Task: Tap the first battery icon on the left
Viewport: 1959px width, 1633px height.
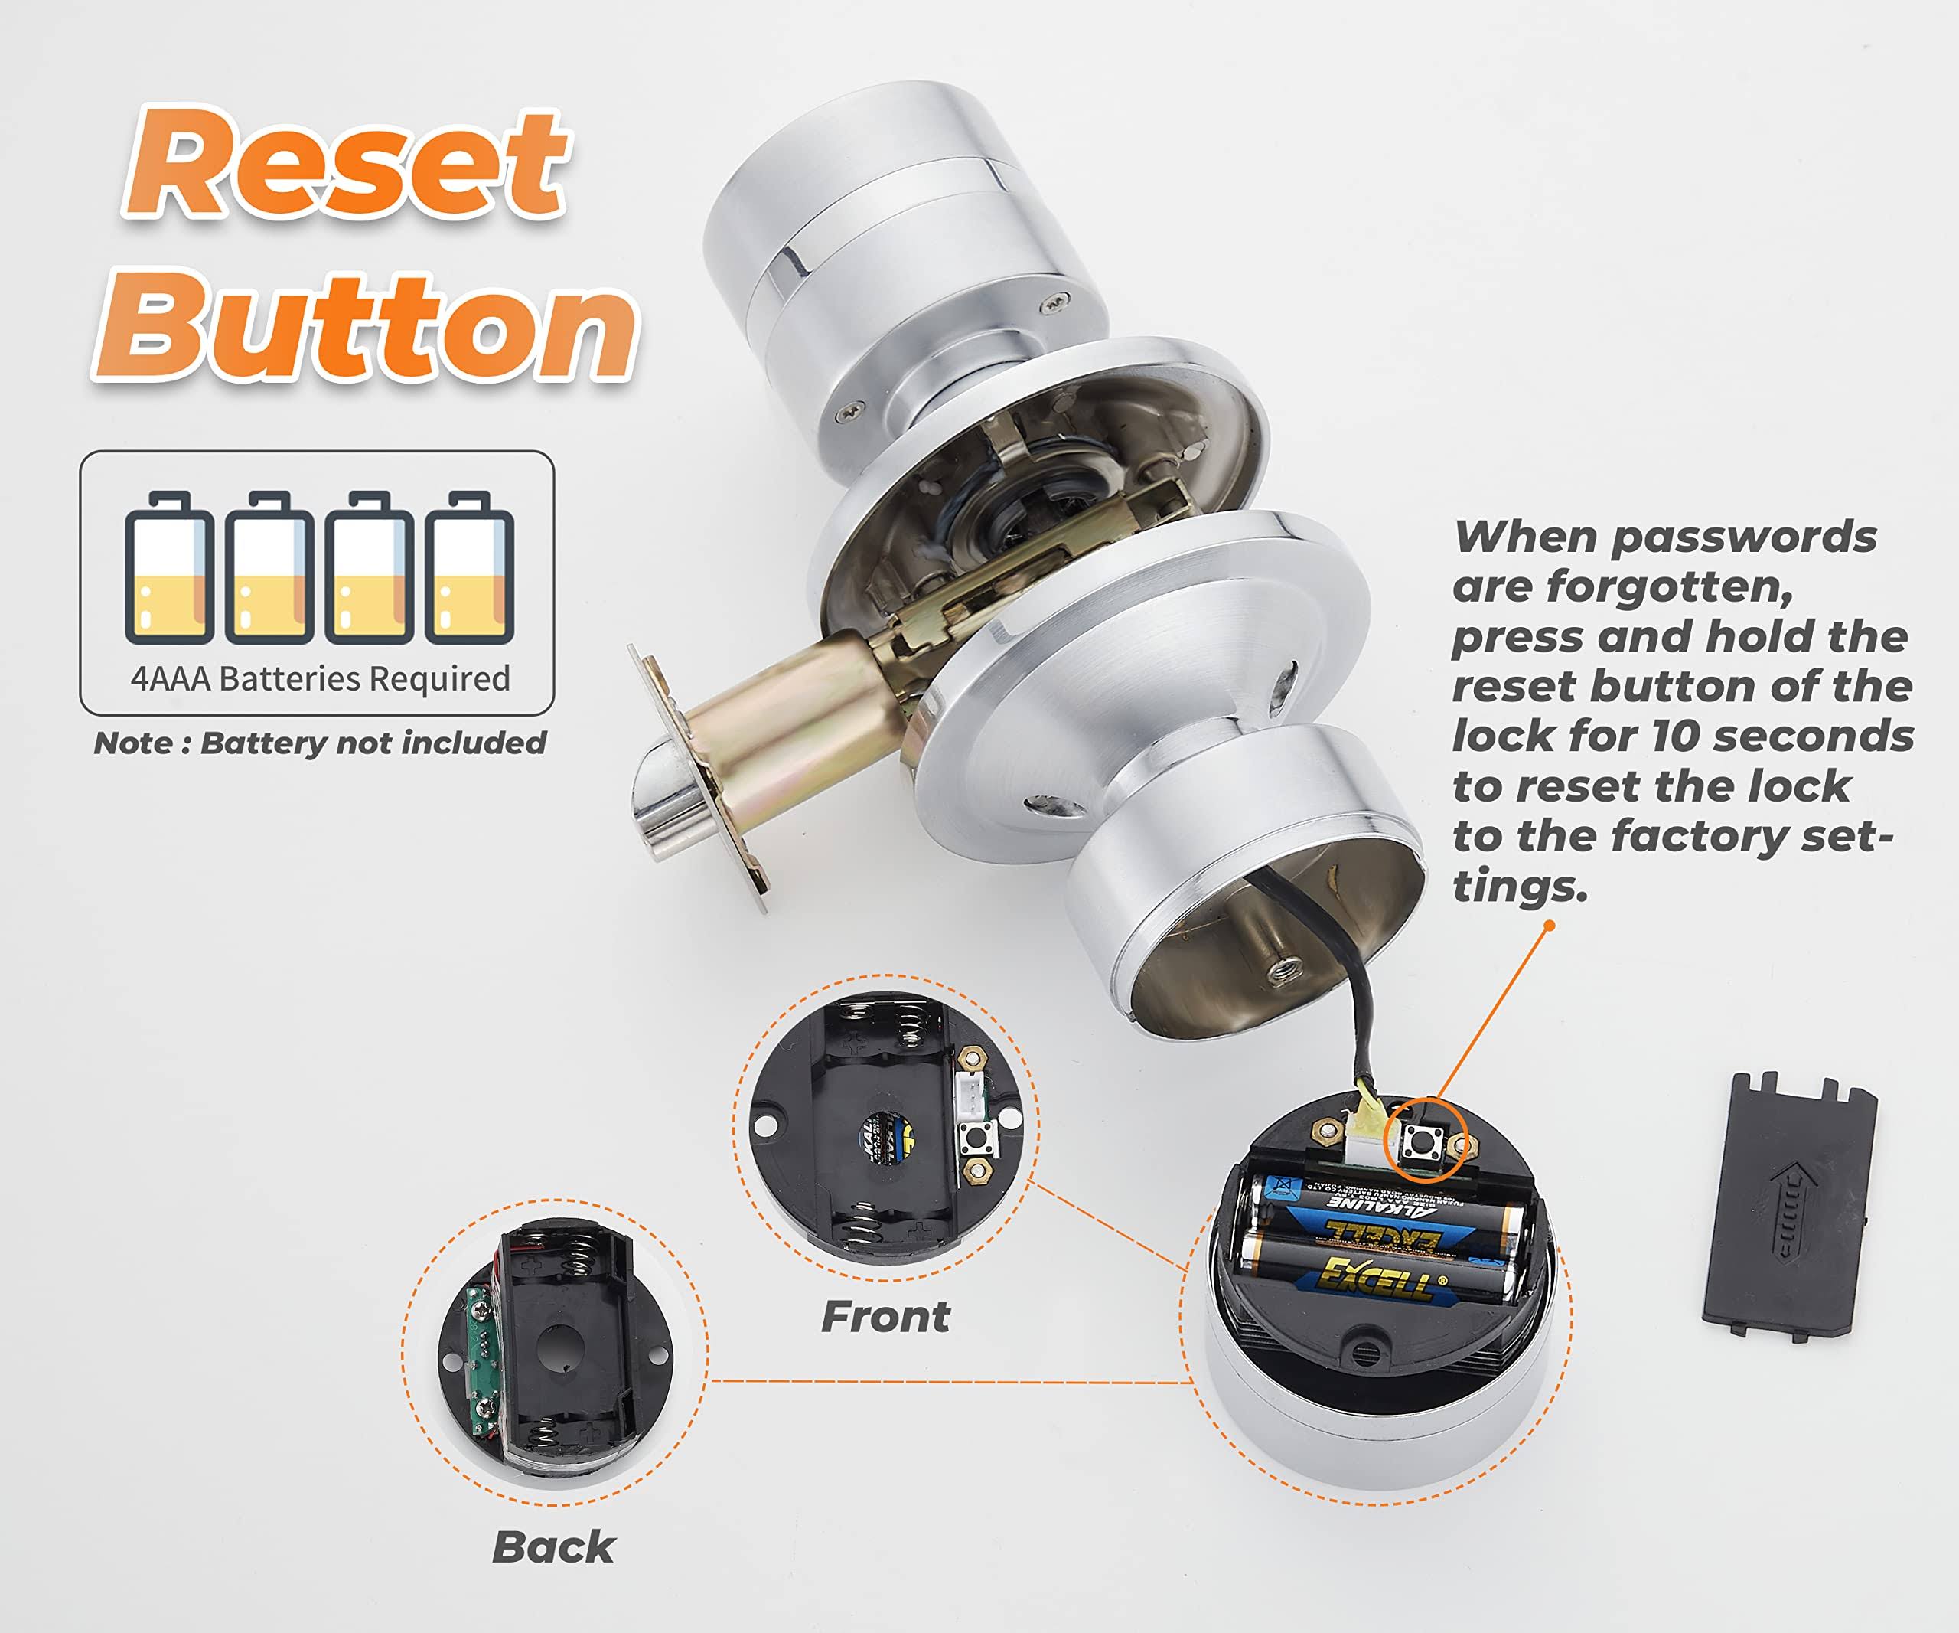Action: (169, 567)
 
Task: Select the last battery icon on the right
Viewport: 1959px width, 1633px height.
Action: (469, 567)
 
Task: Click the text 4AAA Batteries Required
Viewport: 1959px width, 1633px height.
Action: (320, 678)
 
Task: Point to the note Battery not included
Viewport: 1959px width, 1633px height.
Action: (320, 743)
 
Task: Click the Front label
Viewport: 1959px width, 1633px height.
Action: (885, 1317)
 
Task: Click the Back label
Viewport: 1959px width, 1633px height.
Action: (552, 1547)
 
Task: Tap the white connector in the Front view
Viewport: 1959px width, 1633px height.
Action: (971, 1097)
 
